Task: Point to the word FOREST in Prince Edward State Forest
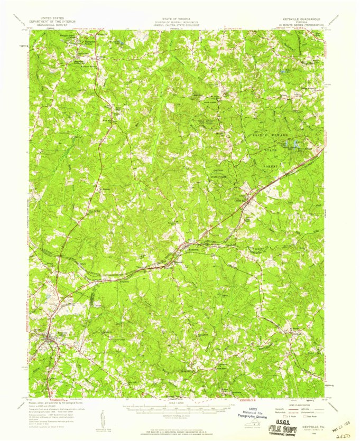click(272, 165)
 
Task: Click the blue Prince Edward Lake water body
click(290, 144)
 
